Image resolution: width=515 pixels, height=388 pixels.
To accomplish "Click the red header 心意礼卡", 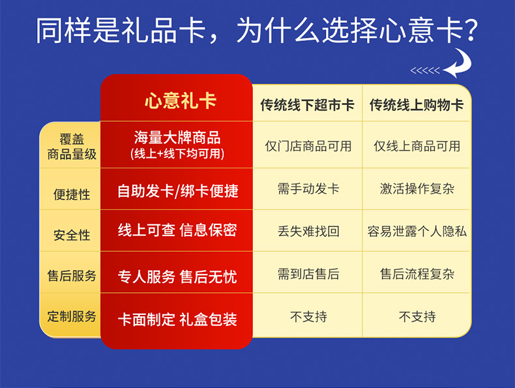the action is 181,100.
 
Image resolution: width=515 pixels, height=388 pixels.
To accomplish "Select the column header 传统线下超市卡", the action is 308,105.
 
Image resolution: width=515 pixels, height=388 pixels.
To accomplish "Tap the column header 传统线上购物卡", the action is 417,105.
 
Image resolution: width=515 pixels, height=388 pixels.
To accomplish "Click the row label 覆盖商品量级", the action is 72,147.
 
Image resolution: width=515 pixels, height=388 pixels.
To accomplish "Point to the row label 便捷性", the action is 72,194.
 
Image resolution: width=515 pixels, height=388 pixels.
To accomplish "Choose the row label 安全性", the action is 72,235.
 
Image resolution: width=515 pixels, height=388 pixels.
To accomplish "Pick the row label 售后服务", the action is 72,276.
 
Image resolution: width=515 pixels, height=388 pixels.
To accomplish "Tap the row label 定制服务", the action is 72,316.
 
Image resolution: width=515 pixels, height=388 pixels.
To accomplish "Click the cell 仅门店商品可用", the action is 308,146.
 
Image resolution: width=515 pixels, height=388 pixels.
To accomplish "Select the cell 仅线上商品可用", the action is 417,146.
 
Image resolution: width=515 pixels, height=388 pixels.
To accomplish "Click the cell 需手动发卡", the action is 308,189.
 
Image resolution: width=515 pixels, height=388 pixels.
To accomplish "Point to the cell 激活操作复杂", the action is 417,189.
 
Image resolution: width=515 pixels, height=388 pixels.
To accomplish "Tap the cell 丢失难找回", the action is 308,231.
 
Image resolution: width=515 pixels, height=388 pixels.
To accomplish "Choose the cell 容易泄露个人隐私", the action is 417,231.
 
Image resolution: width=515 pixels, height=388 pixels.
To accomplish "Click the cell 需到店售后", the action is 308,274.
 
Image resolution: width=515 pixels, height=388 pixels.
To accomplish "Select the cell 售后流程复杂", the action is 417,274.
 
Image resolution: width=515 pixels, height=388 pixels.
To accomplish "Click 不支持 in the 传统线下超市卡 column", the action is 308,317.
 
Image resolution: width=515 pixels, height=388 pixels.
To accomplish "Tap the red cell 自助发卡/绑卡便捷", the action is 178,191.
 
